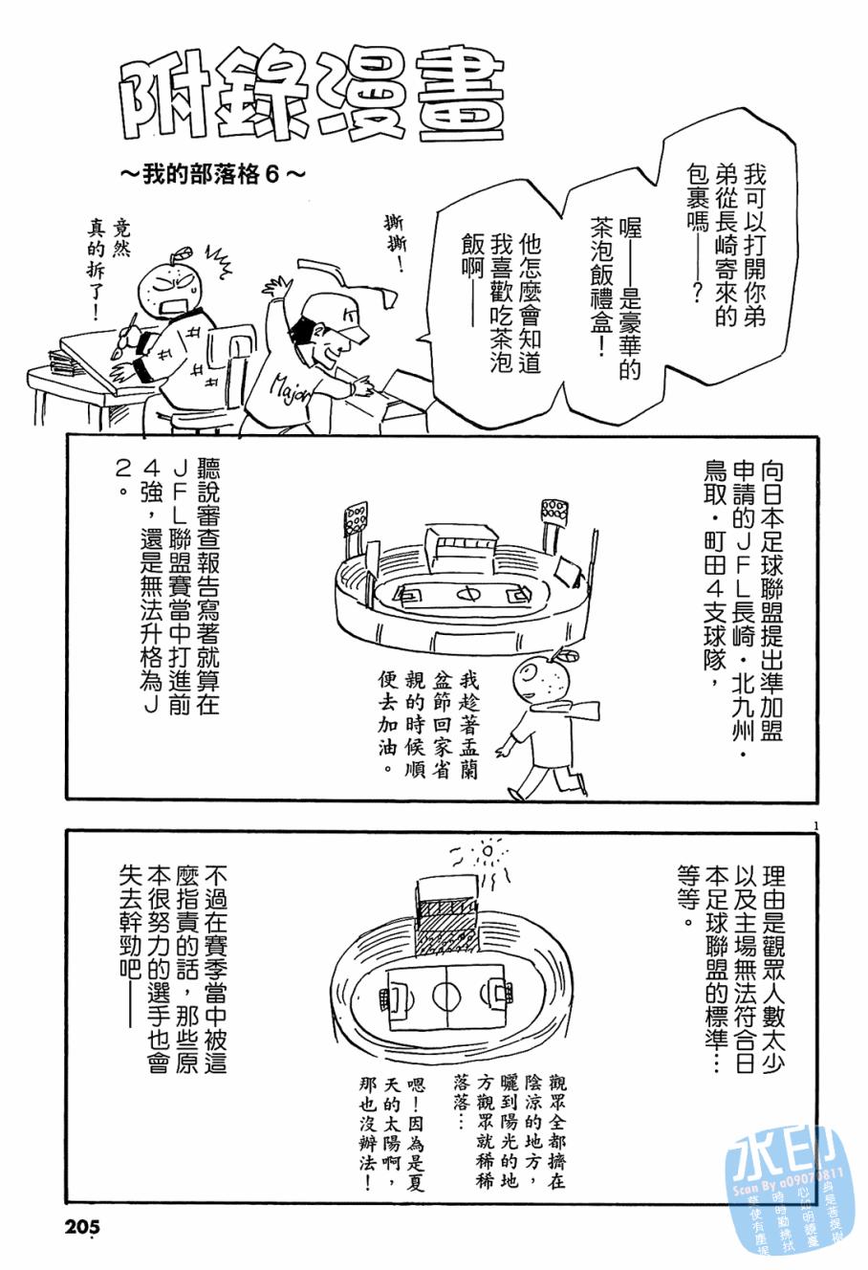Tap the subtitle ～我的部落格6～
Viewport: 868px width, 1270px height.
coord(212,176)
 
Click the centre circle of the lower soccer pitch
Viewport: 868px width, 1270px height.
coord(445,995)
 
